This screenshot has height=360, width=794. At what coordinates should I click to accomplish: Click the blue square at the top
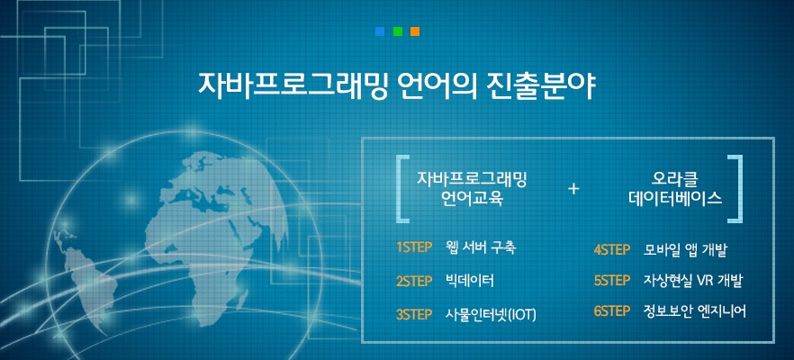[x=380, y=31]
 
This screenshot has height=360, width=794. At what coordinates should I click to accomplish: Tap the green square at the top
[x=398, y=31]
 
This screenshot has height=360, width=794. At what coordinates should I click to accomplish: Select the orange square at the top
[x=415, y=31]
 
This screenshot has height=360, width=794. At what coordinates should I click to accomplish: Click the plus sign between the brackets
[x=573, y=189]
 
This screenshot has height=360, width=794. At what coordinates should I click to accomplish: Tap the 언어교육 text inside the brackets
[x=472, y=198]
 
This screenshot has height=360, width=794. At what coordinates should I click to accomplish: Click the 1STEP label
[x=414, y=247]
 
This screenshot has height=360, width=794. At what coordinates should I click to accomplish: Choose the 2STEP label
[x=414, y=281]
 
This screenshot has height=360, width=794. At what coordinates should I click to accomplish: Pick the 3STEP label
[x=414, y=314]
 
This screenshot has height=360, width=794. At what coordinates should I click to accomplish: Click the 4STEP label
[x=612, y=250]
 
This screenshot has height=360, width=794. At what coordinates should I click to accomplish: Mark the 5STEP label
[x=612, y=281]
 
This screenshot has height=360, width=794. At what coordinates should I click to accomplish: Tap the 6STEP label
[x=612, y=310]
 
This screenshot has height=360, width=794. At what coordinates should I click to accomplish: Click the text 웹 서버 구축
[x=481, y=247]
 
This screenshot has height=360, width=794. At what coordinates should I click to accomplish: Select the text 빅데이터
[x=470, y=281]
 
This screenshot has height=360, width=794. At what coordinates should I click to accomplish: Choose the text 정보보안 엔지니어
[x=695, y=310]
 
